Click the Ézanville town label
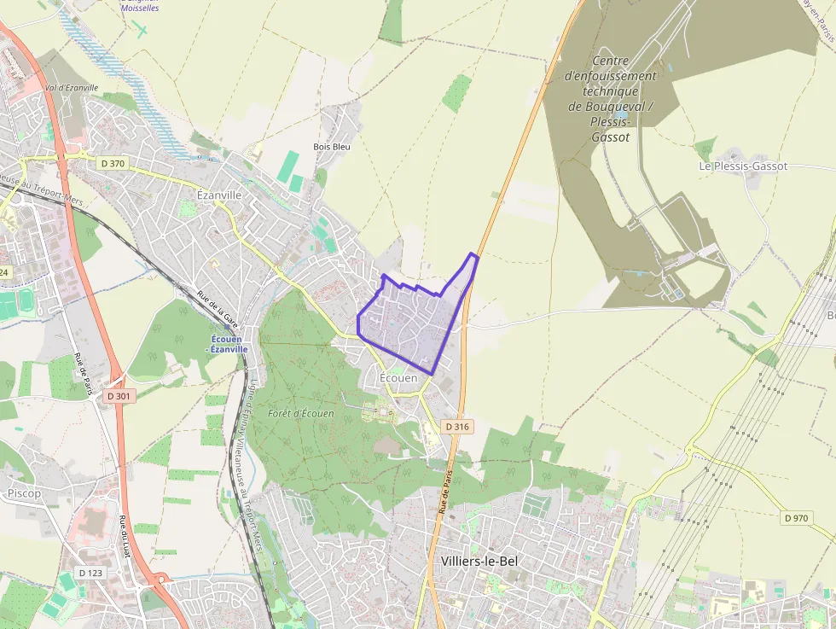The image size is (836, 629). (219, 195)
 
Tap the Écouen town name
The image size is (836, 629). (398, 377)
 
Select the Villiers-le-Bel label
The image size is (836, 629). (480, 561)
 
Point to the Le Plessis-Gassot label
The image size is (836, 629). (743, 166)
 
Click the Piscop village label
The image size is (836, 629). (24, 493)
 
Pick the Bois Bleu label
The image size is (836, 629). (332, 146)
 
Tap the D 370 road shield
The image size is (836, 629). (112, 163)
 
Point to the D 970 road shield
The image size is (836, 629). (795, 517)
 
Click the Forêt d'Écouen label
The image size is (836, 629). (300, 413)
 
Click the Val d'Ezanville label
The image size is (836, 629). (72, 88)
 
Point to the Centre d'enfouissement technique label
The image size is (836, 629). (610, 99)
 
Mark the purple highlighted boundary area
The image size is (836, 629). (409, 320)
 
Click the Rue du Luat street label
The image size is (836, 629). (125, 537)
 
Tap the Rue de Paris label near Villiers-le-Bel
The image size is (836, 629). (445, 490)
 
